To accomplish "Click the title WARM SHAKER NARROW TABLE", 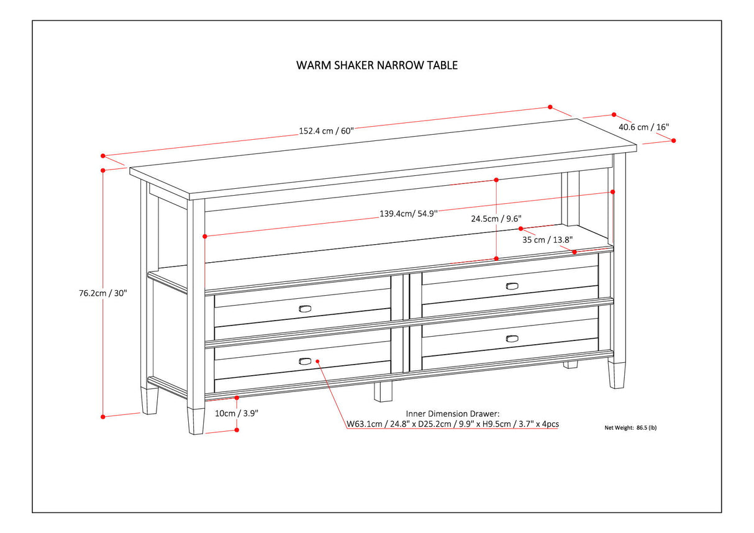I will [x=377, y=65].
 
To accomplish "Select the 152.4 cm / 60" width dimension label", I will [x=326, y=130].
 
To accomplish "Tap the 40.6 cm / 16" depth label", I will [x=643, y=127].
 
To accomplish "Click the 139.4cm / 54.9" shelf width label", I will [x=409, y=213].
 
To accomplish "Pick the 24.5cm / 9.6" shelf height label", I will [x=496, y=219].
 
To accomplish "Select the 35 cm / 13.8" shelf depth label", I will [x=547, y=239].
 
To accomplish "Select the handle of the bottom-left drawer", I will [x=306, y=361].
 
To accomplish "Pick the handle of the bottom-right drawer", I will [x=512, y=339].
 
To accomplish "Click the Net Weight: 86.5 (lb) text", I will [x=630, y=427].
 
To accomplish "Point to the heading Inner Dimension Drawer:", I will [x=453, y=413].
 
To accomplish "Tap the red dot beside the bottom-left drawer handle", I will [x=317, y=360].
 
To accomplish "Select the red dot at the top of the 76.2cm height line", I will [x=103, y=170].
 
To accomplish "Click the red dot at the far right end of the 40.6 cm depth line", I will [x=675, y=140].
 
